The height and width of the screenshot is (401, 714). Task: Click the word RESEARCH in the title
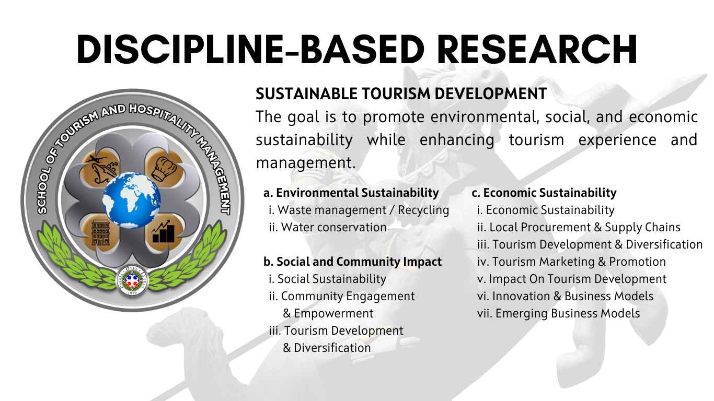pos(537,50)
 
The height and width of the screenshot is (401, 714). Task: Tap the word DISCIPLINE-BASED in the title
pos(250,50)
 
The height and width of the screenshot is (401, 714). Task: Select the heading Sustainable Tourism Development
pos(401,93)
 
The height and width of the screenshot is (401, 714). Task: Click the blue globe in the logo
pos(131,200)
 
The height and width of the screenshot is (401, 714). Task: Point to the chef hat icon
pos(164,169)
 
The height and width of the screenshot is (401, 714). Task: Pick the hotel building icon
pos(100,233)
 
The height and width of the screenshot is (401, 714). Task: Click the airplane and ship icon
pos(101,168)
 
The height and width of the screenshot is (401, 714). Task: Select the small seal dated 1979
pos(132,280)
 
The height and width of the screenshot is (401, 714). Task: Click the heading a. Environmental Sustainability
pos(351,193)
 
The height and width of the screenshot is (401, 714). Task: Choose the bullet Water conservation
pos(328,227)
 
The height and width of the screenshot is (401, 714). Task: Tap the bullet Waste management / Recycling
pos(359,210)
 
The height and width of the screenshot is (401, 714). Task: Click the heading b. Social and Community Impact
pos(352,262)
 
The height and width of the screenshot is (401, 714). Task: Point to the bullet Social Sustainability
pos(328,279)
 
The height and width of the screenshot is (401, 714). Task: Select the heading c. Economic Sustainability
pos(544,193)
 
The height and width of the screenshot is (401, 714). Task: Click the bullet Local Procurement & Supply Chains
pos(579,227)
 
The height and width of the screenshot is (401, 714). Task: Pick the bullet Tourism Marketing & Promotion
pos(571,262)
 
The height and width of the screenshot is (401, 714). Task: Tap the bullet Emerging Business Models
pos(558,313)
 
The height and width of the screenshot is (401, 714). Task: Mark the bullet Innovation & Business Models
pos(566,296)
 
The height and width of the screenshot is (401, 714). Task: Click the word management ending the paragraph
pos(306,163)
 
